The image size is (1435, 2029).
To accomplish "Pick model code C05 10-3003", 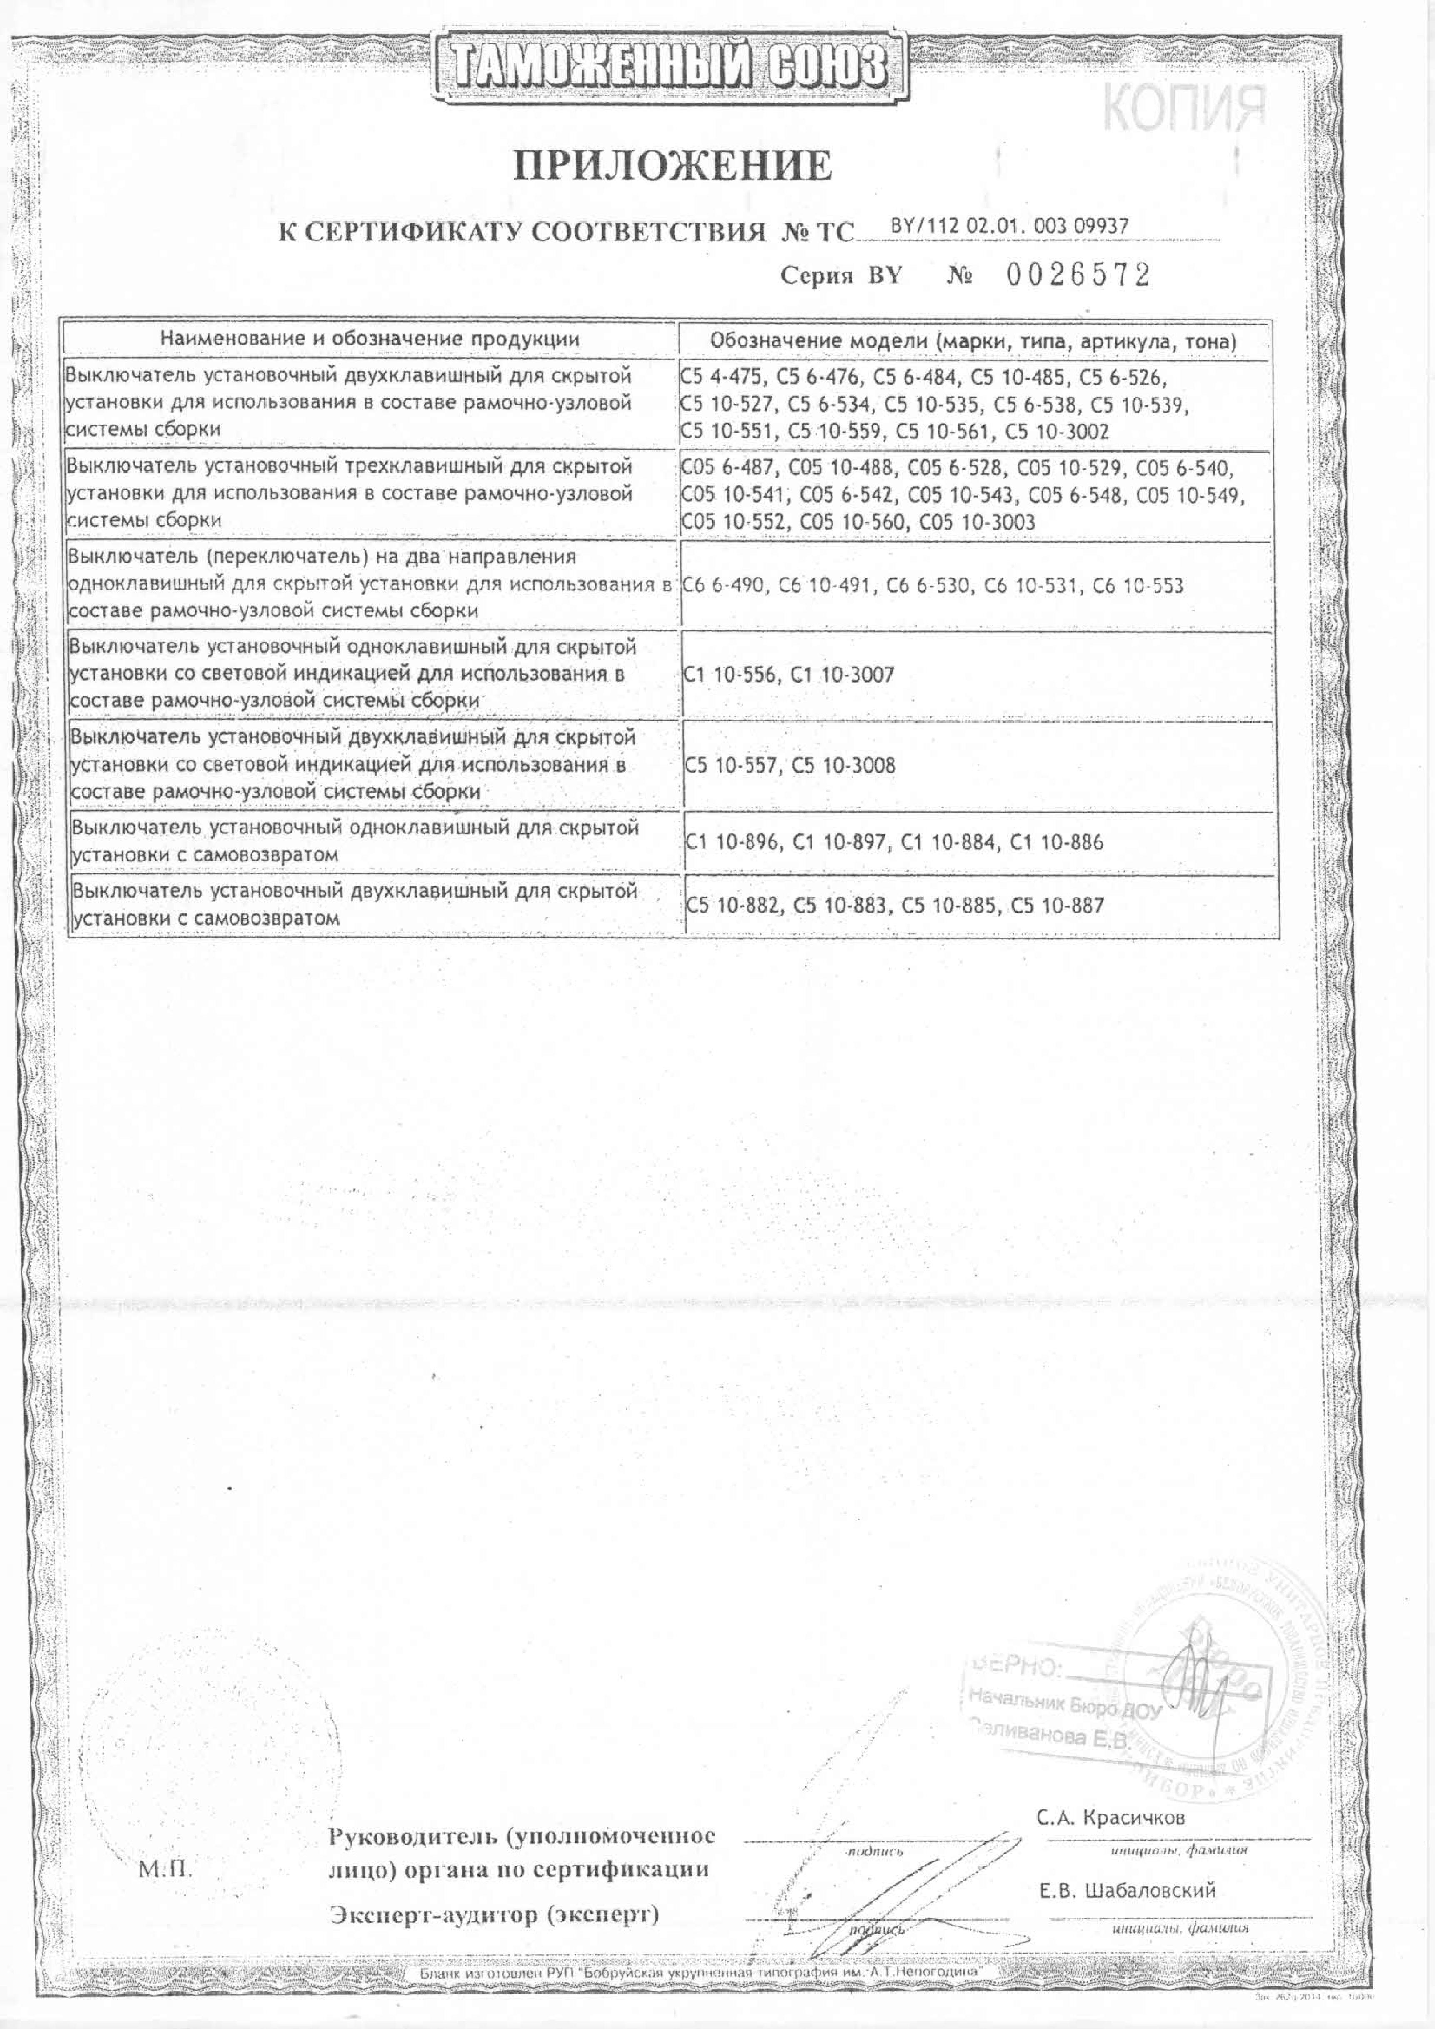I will click(x=977, y=522).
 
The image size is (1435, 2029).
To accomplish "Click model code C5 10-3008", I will click(x=844, y=765).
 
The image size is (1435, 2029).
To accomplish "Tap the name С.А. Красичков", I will click(x=1111, y=1818).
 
